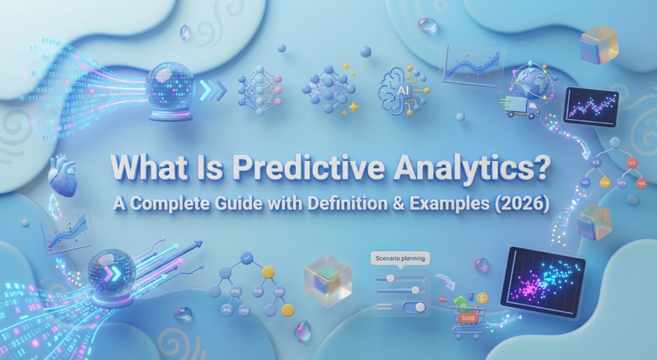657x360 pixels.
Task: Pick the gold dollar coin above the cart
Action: pos(482,297)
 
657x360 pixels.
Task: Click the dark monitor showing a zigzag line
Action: pos(590,107)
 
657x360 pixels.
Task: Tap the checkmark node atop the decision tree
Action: pos(246,260)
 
